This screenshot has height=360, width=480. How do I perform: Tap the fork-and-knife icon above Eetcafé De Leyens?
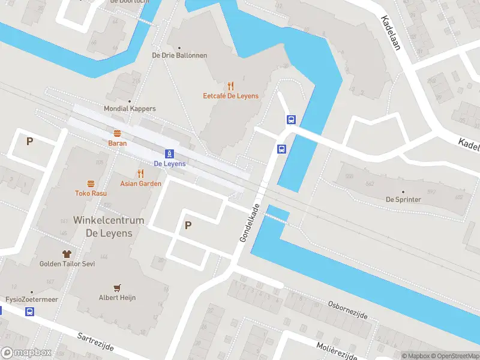point(230,86)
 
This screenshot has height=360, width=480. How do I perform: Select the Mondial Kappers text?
point(130,109)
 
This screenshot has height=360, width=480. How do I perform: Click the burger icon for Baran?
point(117,133)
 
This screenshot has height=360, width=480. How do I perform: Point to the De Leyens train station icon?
point(170,154)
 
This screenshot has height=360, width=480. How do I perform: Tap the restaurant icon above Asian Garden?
point(141,173)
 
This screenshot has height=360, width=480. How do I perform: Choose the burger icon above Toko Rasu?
point(91,184)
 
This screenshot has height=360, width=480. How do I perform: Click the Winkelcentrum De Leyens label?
point(109,226)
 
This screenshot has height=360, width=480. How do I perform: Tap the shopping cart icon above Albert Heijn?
point(117,287)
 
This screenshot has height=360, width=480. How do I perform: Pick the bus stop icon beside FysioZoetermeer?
point(29,311)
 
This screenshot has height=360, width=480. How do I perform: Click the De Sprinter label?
point(403,199)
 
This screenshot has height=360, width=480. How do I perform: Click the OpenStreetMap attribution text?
point(454,356)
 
